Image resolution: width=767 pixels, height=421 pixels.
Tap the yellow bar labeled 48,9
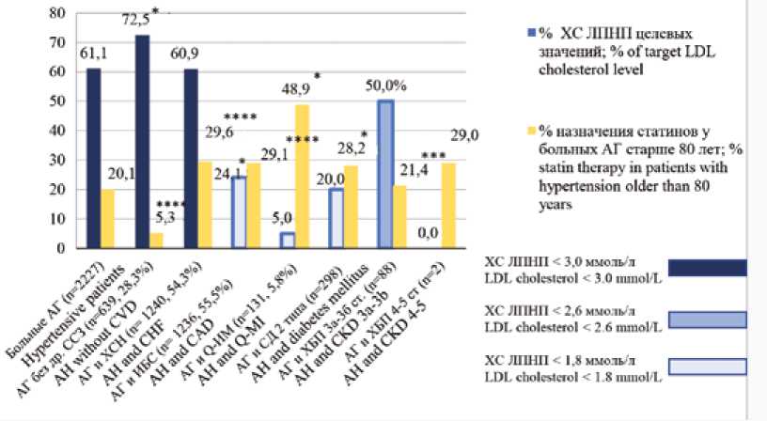tap(303, 176)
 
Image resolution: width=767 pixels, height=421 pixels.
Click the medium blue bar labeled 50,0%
tap(385, 174)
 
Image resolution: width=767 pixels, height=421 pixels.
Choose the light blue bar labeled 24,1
tap(240, 212)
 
